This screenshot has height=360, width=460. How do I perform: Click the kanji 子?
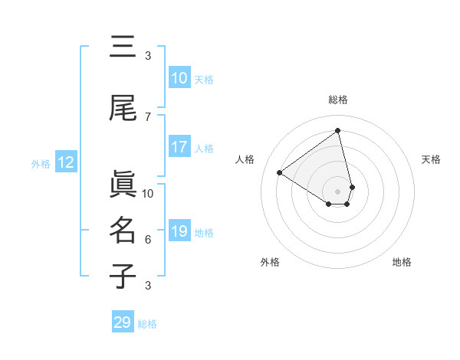pos(123,277)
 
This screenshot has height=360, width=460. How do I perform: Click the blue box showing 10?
pos(179,78)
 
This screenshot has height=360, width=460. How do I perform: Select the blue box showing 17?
pos(179,148)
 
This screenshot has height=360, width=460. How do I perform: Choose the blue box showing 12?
pos(65,162)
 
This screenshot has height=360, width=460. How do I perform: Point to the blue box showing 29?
pos(123,322)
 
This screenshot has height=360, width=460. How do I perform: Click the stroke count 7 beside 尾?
pos(148,116)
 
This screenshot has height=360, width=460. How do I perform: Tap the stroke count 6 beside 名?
pos(148,240)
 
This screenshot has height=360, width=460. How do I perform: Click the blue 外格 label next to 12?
pos(41,163)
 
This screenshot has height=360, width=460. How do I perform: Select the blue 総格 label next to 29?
pos(147,324)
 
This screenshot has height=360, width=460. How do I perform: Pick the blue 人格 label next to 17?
pos(204,149)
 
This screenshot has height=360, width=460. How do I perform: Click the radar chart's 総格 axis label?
pos(338,100)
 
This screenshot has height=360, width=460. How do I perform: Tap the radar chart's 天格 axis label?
pos(431,159)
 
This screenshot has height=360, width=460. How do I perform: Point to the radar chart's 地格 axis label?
pos(402,262)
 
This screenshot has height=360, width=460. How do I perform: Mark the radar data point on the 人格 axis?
pos(280,172)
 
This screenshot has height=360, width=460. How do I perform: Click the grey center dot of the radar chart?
pos(338,191)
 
